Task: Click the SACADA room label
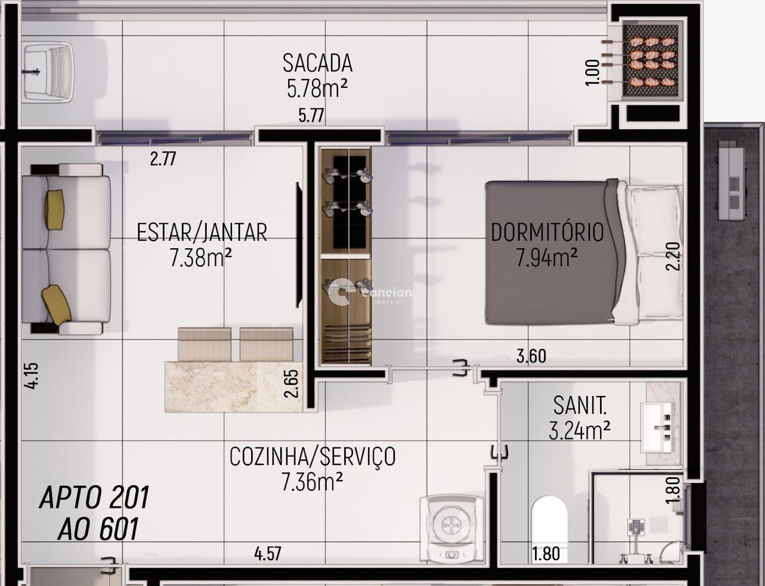[317, 63]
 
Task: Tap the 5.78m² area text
[317, 88]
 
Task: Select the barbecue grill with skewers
[651, 61]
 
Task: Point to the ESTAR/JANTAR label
[202, 233]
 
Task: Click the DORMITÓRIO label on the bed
[547, 233]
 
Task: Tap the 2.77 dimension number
[163, 159]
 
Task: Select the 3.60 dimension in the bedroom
[531, 356]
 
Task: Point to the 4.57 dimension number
[267, 554]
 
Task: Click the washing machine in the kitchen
[451, 528]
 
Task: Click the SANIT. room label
[579, 406]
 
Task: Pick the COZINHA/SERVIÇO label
[313, 457]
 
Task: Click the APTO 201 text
[94, 498]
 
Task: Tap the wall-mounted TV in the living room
[299, 245]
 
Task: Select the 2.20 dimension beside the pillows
[673, 256]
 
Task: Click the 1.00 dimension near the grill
[592, 72]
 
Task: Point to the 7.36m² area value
[312, 481]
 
